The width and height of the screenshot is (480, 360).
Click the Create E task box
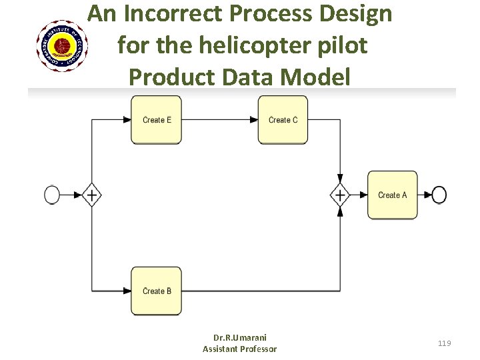pyautogui.click(x=156, y=120)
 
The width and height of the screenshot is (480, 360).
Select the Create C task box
pyautogui.click(x=283, y=120)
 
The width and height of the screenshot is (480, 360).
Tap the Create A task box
pyautogui.click(x=392, y=195)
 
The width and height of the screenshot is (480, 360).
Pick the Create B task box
pyautogui.click(x=156, y=291)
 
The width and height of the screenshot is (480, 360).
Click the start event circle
pyautogui.click(x=53, y=195)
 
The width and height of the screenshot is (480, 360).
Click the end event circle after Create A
pyautogui.click(x=439, y=195)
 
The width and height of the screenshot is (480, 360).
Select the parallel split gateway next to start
pyautogui.click(x=91, y=195)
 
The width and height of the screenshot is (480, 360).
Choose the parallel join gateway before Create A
pyautogui.click(x=340, y=195)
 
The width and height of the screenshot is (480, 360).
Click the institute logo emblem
pyautogui.click(x=63, y=46)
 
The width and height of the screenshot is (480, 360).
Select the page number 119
pyautogui.click(x=445, y=343)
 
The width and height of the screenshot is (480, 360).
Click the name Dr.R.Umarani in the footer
pyautogui.click(x=239, y=337)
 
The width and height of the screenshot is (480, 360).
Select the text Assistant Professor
pyautogui.click(x=239, y=349)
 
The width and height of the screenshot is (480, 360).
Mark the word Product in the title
pyautogui.click(x=171, y=77)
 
